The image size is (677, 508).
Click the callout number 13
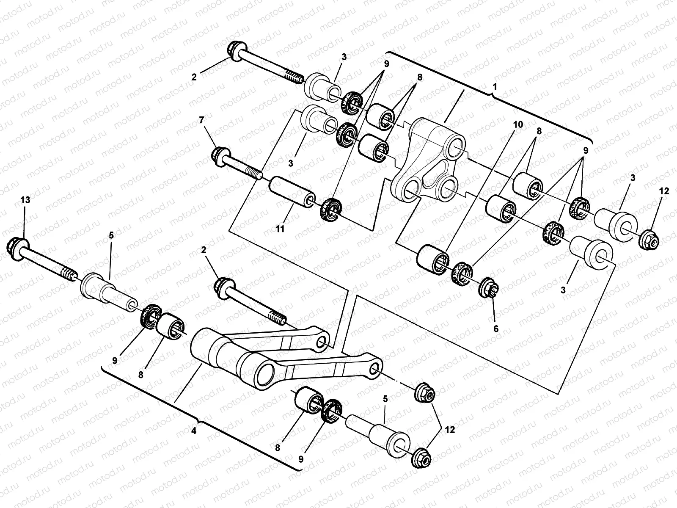[25, 200]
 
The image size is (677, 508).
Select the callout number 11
[280, 229]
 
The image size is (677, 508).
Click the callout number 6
[495, 329]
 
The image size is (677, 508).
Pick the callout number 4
[194, 431]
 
